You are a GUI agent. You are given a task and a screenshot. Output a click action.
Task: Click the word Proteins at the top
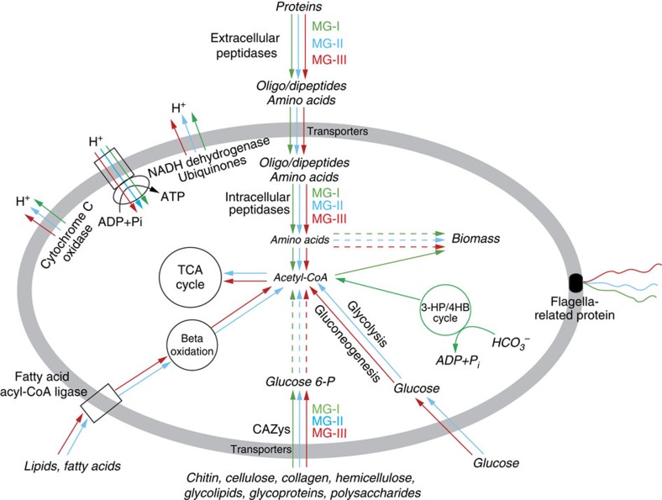(300, 8)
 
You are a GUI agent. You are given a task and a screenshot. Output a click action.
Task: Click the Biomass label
(475, 239)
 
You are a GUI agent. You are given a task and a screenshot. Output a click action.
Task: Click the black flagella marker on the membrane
(575, 283)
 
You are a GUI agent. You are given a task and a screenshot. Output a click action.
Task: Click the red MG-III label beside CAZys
(331, 433)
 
